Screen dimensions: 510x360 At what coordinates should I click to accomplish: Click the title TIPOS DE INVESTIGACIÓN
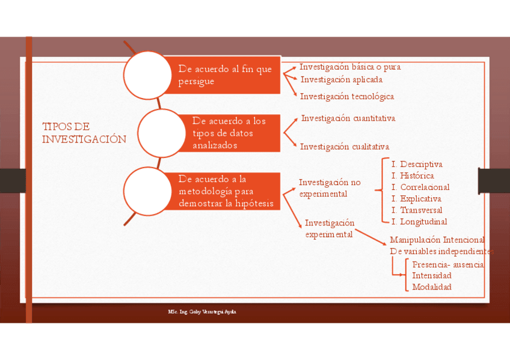[84, 133]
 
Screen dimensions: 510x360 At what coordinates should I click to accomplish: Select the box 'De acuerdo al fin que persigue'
[225, 75]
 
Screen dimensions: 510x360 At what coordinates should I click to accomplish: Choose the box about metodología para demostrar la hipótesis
[226, 191]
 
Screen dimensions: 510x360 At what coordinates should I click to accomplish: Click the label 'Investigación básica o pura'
[350, 67]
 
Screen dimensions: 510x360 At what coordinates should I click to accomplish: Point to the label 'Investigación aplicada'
[341, 79]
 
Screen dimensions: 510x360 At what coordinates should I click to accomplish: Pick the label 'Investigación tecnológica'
[347, 96]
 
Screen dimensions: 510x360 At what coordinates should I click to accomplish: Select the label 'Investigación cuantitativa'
[348, 118]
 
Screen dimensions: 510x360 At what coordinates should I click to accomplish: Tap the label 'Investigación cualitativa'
[345, 147]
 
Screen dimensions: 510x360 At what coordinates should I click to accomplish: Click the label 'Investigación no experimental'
[330, 188]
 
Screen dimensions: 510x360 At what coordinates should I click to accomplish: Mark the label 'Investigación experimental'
[330, 228]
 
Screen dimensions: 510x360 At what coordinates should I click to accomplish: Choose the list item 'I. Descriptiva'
[417, 164]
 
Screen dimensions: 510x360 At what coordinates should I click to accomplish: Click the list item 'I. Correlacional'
[420, 187]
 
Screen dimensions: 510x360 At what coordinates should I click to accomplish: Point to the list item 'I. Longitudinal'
[419, 221]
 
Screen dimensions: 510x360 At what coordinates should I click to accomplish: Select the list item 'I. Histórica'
[413, 175]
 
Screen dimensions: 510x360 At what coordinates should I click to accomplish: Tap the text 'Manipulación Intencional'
[437, 240]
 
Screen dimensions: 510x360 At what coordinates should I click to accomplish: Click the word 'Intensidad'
[432, 275]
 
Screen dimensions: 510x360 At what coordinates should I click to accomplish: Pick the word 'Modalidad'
[432, 287]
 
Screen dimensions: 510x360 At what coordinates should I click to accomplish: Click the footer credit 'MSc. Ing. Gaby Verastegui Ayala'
[206, 313]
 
